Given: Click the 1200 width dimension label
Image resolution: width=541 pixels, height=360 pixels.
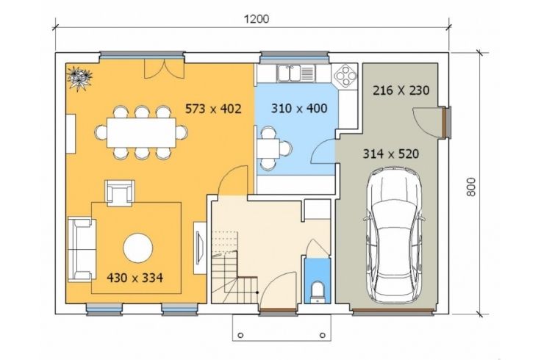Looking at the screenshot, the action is point(257,18).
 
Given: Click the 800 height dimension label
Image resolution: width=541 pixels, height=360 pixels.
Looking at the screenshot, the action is point(471,187).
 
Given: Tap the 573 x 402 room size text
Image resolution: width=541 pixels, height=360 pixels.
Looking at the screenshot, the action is point(213,109).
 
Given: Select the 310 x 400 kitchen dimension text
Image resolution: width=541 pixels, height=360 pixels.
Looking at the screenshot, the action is point(299,108).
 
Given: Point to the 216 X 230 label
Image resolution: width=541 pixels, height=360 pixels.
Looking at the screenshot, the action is point(401,90).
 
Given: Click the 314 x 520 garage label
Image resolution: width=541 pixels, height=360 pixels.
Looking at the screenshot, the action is point(391,154).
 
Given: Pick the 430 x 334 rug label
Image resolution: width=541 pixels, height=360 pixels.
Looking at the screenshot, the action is point(135,278).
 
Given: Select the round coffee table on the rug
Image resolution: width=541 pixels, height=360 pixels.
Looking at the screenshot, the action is point(138,248).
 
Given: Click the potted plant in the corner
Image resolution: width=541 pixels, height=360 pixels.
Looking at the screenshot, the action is point(79,79).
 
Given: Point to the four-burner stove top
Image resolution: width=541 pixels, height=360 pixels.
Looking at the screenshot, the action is point(345,75).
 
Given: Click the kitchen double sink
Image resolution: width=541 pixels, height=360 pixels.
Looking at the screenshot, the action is point(295,73).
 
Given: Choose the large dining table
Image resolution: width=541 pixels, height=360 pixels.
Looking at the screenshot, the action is point(141,133).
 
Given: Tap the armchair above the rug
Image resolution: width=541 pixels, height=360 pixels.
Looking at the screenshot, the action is point(119,192).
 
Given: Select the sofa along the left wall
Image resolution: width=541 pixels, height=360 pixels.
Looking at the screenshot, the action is point(82,249).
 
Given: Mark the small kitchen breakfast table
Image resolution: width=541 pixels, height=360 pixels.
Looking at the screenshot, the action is point(268,148).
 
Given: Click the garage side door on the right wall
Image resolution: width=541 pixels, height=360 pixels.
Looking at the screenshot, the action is point(447,123).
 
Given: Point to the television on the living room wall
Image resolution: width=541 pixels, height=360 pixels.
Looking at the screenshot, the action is point(199,248).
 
